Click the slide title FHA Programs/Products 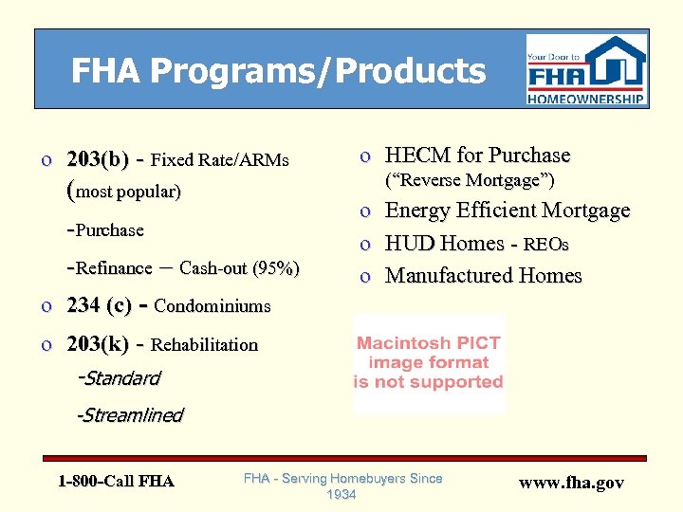[x=278, y=71]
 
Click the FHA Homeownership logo [x=586, y=69]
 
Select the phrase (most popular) [x=126, y=192]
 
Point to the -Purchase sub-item [x=105, y=229]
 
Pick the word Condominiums [x=212, y=306]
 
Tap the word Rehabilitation [x=204, y=345]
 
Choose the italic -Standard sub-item [x=119, y=378]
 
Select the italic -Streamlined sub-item [x=130, y=414]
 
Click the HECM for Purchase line [x=477, y=155]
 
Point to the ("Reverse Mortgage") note [x=468, y=180]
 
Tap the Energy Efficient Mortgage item [x=507, y=210]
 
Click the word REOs [x=547, y=245]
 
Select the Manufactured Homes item [x=483, y=276]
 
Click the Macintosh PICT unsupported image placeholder [x=429, y=362]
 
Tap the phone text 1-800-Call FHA [x=116, y=481]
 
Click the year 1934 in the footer [x=341, y=495]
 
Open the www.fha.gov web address [x=571, y=483]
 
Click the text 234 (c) [x=100, y=305]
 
